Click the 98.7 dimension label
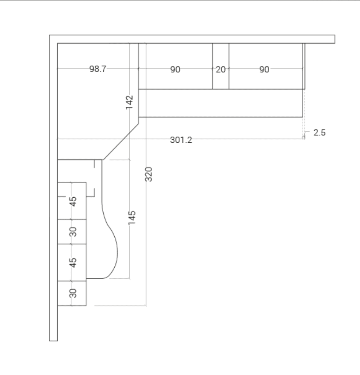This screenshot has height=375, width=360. click(98, 69)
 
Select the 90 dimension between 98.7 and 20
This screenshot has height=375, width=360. click(175, 69)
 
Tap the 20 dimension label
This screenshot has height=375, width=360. click(221, 69)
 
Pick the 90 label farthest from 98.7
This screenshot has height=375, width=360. click(264, 69)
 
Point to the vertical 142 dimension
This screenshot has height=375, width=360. click(129, 102)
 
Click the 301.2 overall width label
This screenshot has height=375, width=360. click(181, 140)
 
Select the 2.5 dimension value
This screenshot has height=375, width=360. click(319, 133)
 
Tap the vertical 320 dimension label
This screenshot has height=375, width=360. click(148, 174)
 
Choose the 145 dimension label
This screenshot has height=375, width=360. click(132, 218)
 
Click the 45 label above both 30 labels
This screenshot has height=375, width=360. click(73, 202)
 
